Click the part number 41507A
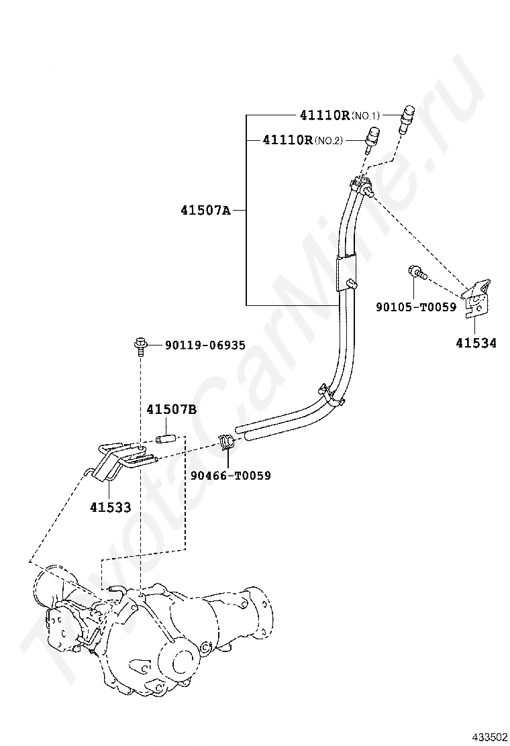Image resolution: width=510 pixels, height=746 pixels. (205, 210)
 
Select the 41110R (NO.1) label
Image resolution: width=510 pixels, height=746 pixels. (334, 115)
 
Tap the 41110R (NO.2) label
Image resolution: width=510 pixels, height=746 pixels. (303, 140)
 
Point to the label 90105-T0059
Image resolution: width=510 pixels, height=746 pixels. (415, 307)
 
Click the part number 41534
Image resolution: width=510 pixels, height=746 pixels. (476, 343)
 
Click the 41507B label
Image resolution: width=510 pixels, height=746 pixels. (172, 409)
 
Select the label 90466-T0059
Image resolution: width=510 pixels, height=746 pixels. (230, 476)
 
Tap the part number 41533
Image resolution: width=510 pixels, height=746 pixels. (111, 507)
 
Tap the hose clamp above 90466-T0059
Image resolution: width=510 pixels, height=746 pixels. (226, 443)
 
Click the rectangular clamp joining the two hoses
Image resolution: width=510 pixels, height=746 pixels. (344, 272)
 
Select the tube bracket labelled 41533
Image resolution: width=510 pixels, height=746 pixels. (114, 460)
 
